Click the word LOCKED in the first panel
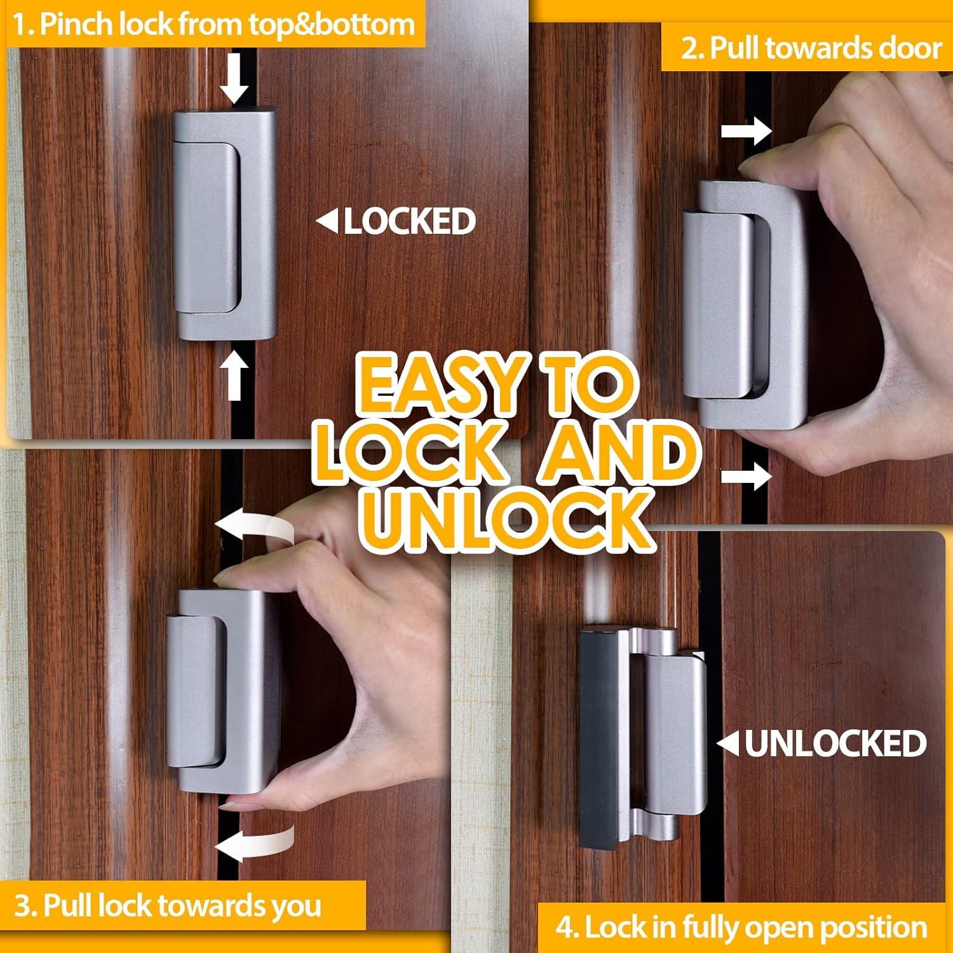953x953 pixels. [410, 221]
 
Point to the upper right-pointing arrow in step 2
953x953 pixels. [746, 132]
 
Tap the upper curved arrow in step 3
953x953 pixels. [253, 529]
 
